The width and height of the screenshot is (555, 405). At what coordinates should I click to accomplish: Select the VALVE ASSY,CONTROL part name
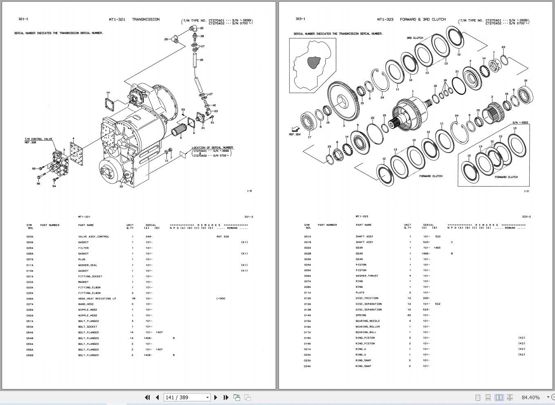(x=94, y=236)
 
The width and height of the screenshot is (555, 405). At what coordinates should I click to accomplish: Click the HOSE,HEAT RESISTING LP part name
(x=97, y=299)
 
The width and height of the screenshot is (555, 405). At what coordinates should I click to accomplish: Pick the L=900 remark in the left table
(x=220, y=299)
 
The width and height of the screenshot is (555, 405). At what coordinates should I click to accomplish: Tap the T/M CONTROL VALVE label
(x=38, y=139)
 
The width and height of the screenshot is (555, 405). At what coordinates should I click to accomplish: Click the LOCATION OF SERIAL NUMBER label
(x=212, y=148)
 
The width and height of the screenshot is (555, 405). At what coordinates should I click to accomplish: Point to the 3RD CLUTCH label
(x=414, y=38)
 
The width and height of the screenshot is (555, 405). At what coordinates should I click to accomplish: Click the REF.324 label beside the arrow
(x=294, y=134)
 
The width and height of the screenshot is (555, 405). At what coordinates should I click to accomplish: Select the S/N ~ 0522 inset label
(x=520, y=123)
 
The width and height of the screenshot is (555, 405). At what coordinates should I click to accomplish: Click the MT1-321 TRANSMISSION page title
(x=134, y=19)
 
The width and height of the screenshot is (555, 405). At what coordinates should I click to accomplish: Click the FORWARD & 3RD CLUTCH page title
(x=411, y=19)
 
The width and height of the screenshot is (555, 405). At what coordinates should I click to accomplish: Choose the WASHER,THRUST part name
(x=367, y=276)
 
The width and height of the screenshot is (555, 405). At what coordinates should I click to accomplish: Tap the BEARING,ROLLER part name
(x=368, y=326)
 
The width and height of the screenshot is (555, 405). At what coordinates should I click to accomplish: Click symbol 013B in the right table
(x=307, y=310)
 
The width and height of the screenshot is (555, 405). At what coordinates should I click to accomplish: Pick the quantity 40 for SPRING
(x=409, y=315)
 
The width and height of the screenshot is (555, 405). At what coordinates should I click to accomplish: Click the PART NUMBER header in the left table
(x=50, y=225)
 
